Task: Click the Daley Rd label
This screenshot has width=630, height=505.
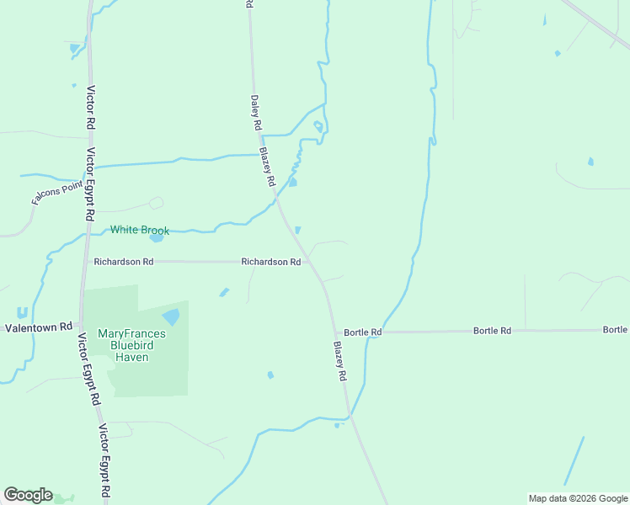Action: click(256, 111)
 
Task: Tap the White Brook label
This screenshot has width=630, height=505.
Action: click(140, 231)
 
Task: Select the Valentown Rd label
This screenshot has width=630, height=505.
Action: click(39, 327)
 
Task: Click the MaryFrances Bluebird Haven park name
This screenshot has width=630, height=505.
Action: click(131, 345)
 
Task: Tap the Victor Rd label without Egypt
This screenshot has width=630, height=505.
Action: click(89, 106)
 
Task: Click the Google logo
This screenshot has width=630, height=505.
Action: click(28, 495)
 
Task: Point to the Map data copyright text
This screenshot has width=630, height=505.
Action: click(578, 498)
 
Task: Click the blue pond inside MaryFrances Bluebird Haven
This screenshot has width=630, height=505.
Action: click(172, 317)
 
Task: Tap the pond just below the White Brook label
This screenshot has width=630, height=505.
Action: click(157, 238)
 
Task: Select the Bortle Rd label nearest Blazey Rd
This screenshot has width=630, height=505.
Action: click(363, 332)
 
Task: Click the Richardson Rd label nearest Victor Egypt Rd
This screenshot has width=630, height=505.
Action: click(124, 262)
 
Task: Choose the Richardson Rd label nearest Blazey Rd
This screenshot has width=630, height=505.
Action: click(271, 262)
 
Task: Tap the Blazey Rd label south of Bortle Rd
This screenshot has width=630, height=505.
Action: click(339, 361)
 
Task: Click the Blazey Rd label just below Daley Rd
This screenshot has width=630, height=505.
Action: click(268, 167)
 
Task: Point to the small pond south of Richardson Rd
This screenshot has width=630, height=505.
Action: click(224, 293)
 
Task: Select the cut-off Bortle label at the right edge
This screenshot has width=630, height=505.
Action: click(615, 330)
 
